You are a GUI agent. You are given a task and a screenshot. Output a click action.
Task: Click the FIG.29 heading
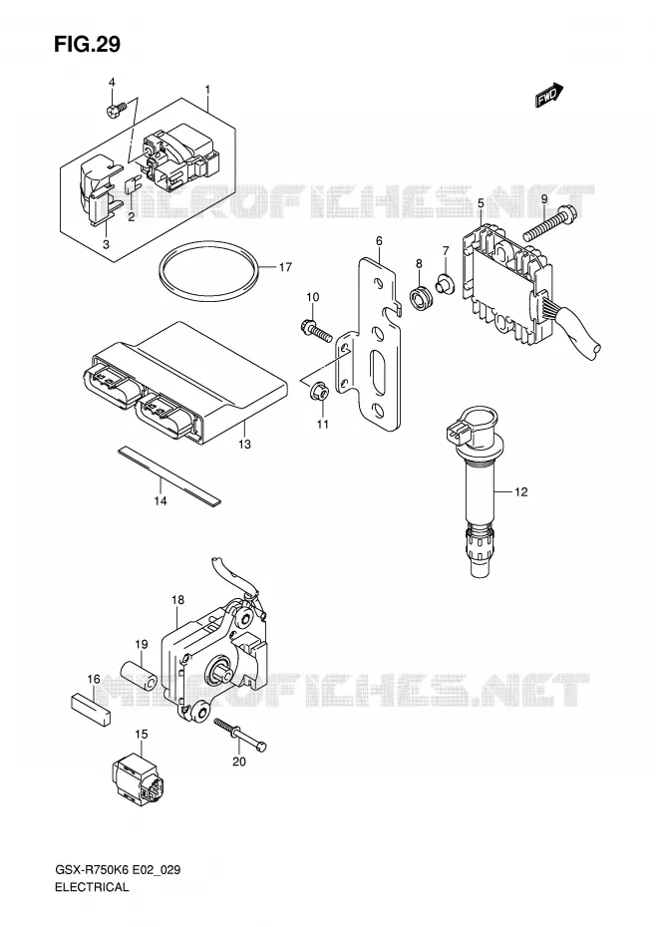click(87, 44)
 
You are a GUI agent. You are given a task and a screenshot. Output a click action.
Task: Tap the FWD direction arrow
click(549, 95)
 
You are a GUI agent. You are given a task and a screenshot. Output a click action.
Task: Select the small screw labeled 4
click(117, 110)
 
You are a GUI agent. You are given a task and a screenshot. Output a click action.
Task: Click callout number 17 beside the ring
click(285, 267)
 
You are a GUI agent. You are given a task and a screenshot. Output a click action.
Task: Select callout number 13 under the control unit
click(244, 444)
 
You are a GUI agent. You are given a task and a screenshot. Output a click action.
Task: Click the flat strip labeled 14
click(169, 477)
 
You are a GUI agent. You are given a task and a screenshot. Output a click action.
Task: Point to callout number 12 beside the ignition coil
click(520, 491)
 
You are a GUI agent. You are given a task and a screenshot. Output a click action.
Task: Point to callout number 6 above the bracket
click(379, 240)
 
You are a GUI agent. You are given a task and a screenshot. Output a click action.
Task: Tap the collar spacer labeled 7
click(445, 283)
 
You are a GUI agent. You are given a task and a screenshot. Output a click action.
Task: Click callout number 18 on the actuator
click(178, 600)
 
